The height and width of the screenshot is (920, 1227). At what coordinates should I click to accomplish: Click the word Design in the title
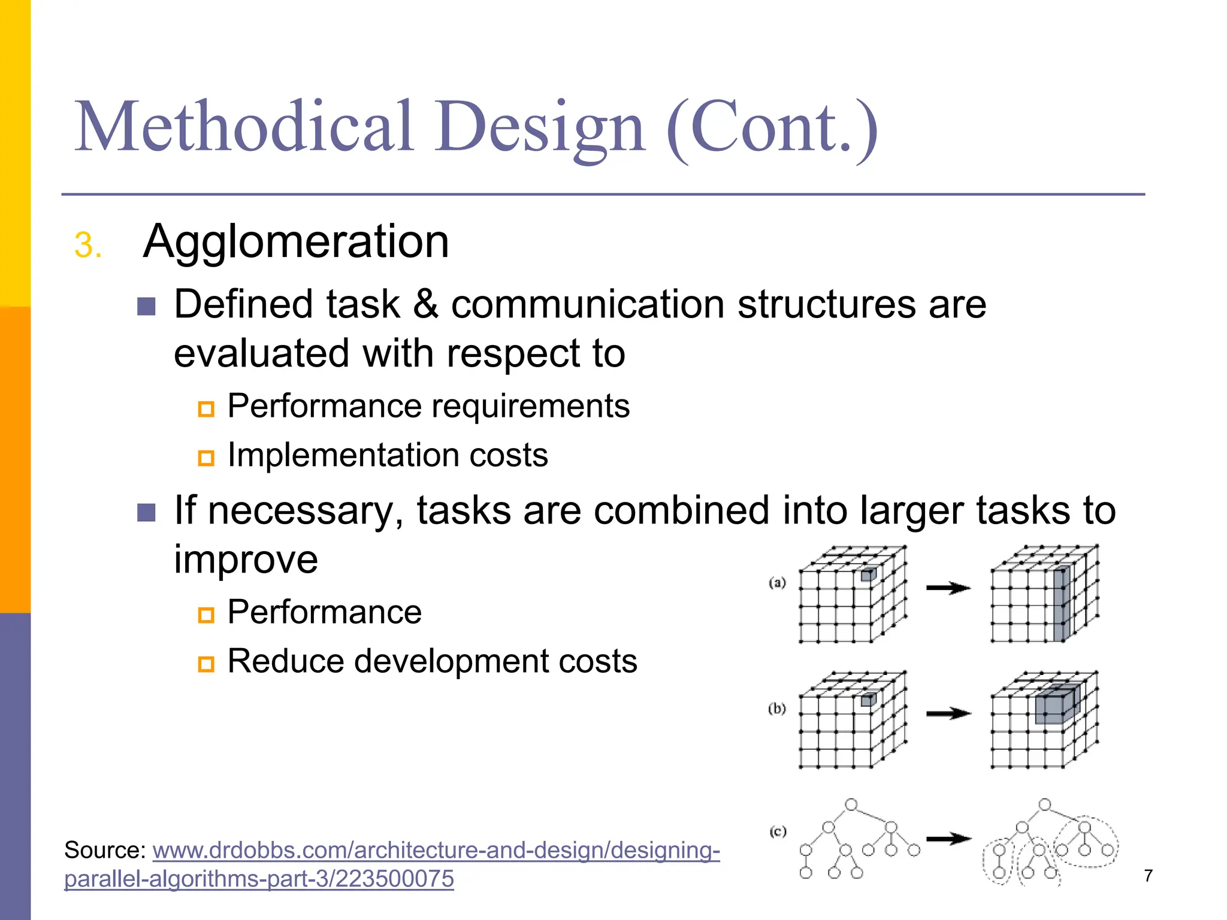[x=540, y=127]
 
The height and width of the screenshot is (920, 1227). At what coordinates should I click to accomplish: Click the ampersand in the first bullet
[x=425, y=304]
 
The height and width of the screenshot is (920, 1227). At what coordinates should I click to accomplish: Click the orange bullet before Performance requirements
[x=206, y=409]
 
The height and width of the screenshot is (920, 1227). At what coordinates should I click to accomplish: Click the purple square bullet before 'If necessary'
[x=146, y=512]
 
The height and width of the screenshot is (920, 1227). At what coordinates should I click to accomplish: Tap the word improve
[x=246, y=559]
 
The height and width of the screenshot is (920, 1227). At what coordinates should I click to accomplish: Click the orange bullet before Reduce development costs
[x=206, y=664]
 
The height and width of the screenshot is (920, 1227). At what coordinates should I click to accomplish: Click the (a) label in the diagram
[x=777, y=582]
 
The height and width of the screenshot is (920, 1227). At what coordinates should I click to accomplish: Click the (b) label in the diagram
[x=777, y=709]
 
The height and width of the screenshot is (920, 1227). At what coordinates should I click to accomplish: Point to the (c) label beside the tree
[x=778, y=831]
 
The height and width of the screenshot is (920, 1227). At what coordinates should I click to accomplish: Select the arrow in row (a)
[x=948, y=588]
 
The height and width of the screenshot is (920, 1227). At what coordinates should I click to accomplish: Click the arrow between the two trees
[x=948, y=839]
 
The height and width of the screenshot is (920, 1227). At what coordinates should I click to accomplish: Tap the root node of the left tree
[x=851, y=804]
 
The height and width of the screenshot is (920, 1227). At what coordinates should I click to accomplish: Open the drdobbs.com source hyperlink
[x=436, y=851]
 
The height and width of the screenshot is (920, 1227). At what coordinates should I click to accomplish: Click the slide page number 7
[x=1148, y=876]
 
